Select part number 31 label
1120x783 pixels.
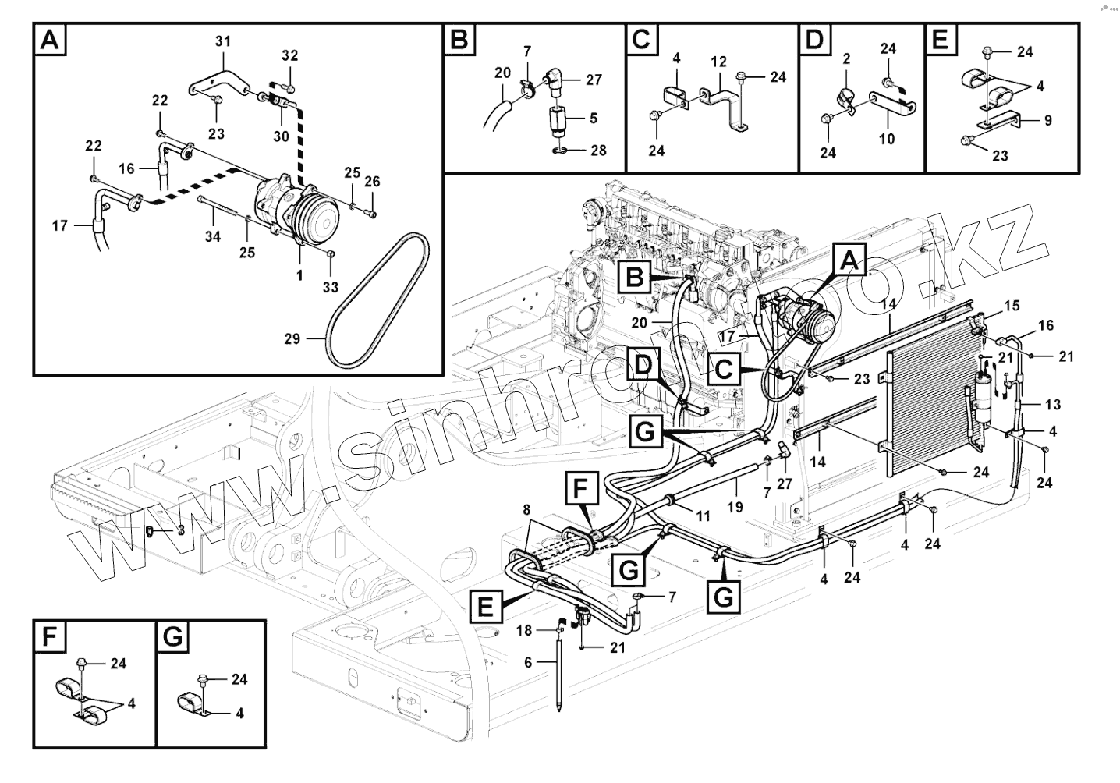(223, 41)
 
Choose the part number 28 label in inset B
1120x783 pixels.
(597, 151)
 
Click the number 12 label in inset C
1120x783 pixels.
(718, 61)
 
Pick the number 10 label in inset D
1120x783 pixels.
(887, 140)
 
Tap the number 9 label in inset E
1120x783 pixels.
(1047, 120)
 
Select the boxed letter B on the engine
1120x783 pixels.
(635, 276)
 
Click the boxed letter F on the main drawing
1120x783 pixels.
(579, 491)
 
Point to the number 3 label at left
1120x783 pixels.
(180, 530)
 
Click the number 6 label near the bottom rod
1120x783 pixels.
(528, 661)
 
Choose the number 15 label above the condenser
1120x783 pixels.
(1011, 306)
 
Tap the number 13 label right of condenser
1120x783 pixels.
(1052, 404)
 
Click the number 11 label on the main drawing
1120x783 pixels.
(703, 516)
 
